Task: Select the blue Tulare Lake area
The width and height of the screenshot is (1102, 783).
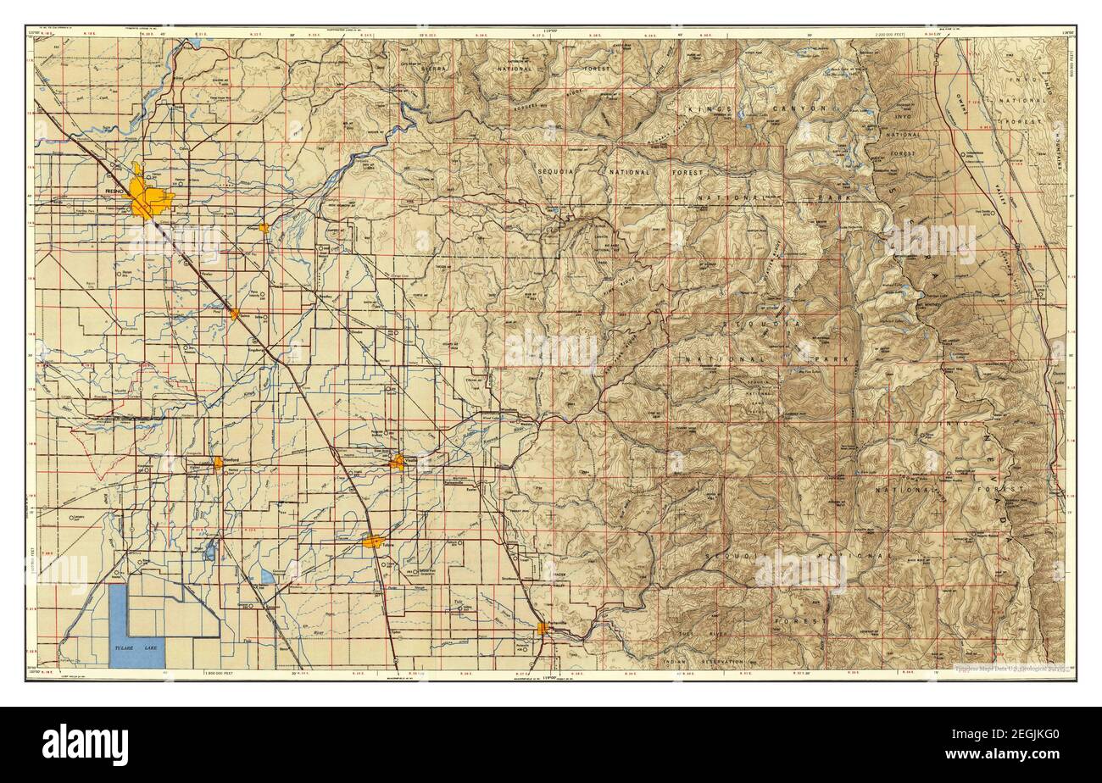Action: pos(136,627)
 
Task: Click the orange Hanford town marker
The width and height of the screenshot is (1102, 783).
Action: pos(218,463)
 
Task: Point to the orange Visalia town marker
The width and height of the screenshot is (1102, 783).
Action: pos(398,462)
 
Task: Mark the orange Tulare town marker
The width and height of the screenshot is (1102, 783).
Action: pos(372,541)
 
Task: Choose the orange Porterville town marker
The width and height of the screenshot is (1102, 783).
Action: pos(543,628)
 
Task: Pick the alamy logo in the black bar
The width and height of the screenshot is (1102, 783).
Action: pos(86,745)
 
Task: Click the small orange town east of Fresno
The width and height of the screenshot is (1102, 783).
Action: pos(264,228)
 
